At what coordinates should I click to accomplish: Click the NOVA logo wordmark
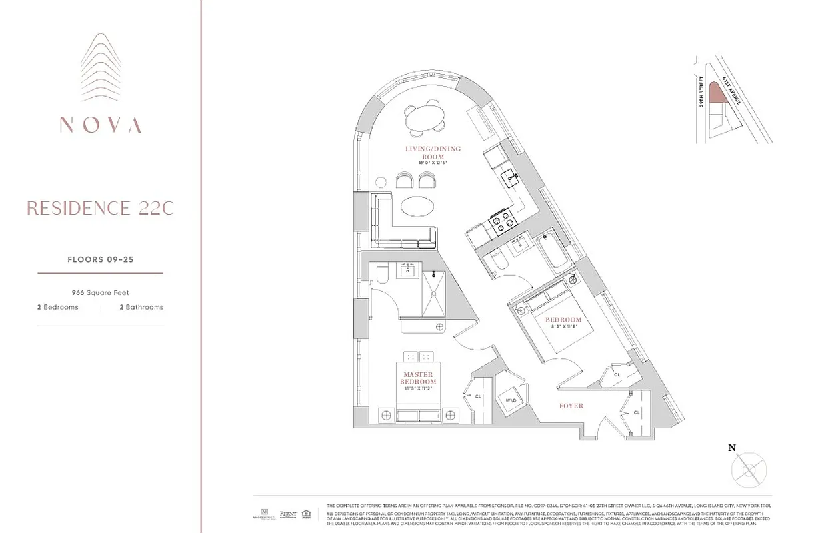(x=100, y=125)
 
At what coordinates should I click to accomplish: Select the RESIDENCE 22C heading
(x=100, y=208)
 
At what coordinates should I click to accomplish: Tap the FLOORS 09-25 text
(x=101, y=260)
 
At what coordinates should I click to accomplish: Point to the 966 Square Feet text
(x=101, y=292)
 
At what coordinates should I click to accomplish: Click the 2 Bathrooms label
(x=141, y=307)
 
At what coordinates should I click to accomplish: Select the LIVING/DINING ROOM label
(x=433, y=153)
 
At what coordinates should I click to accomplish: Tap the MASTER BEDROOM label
(x=418, y=378)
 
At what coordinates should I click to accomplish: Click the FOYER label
(x=571, y=406)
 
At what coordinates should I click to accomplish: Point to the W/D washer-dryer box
(x=511, y=401)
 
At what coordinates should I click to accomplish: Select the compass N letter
(x=732, y=448)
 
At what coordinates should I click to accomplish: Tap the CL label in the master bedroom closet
(x=478, y=396)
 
